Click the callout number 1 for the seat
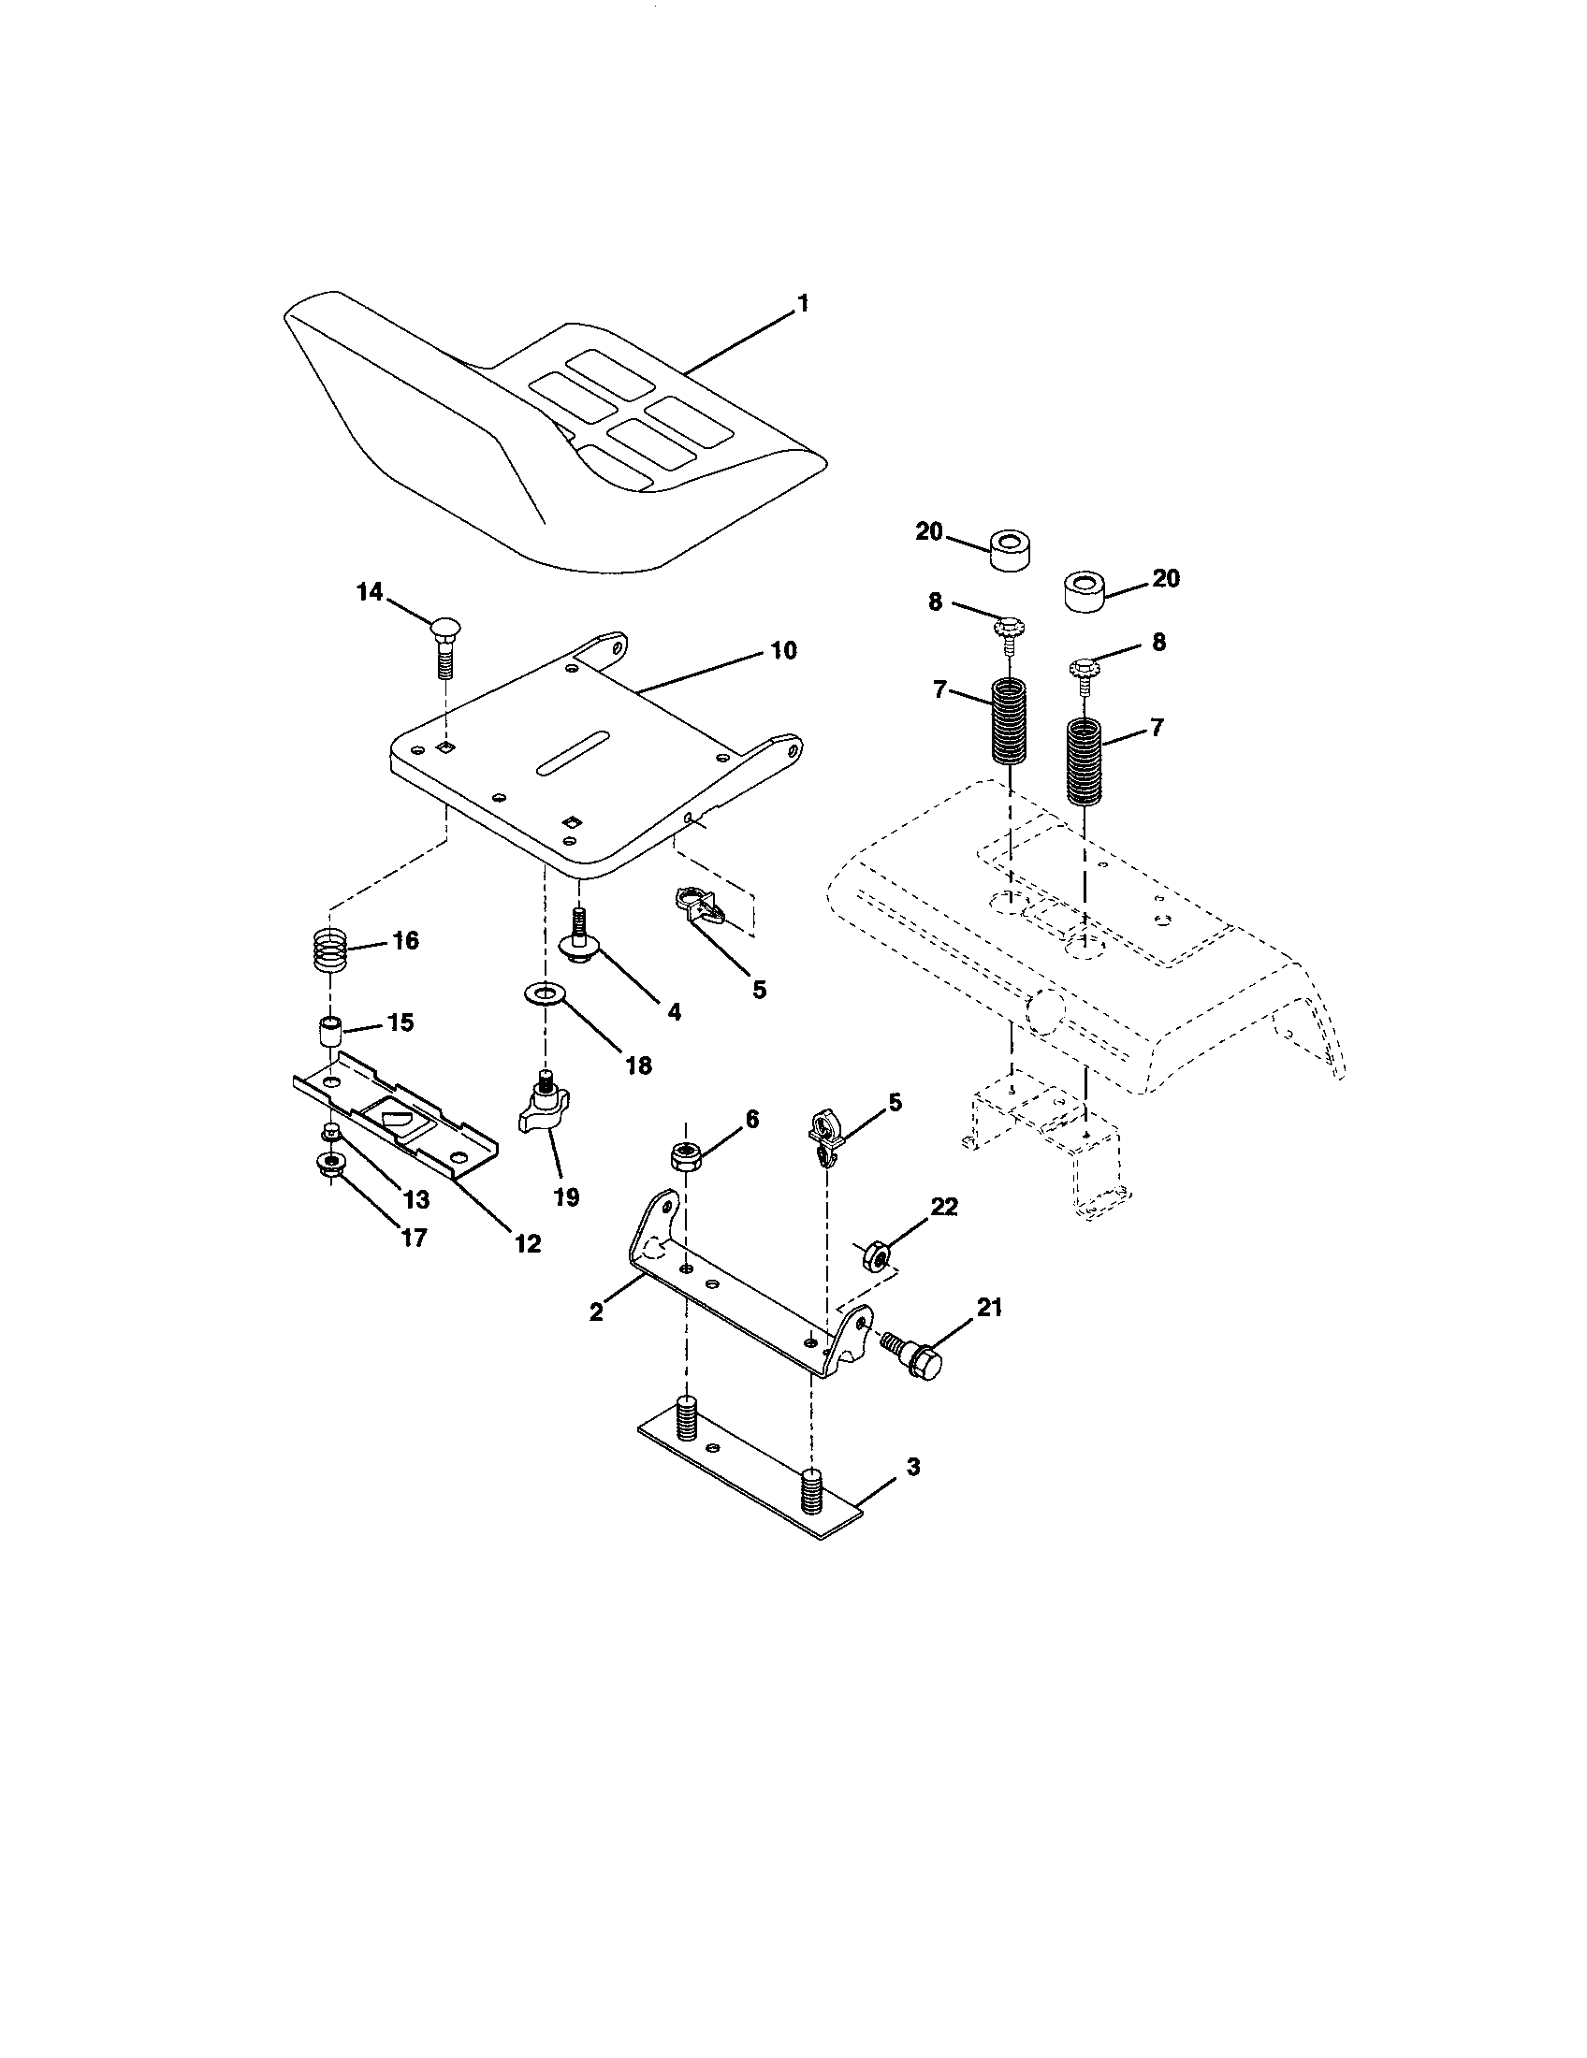pyautogui.click(x=802, y=303)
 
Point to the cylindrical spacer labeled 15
pyautogui.click(x=329, y=1032)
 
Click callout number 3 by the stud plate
pyautogui.click(x=912, y=1466)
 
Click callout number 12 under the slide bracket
pyautogui.click(x=528, y=1243)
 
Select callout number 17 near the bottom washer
pyautogui.click(x=414, y=1237)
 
